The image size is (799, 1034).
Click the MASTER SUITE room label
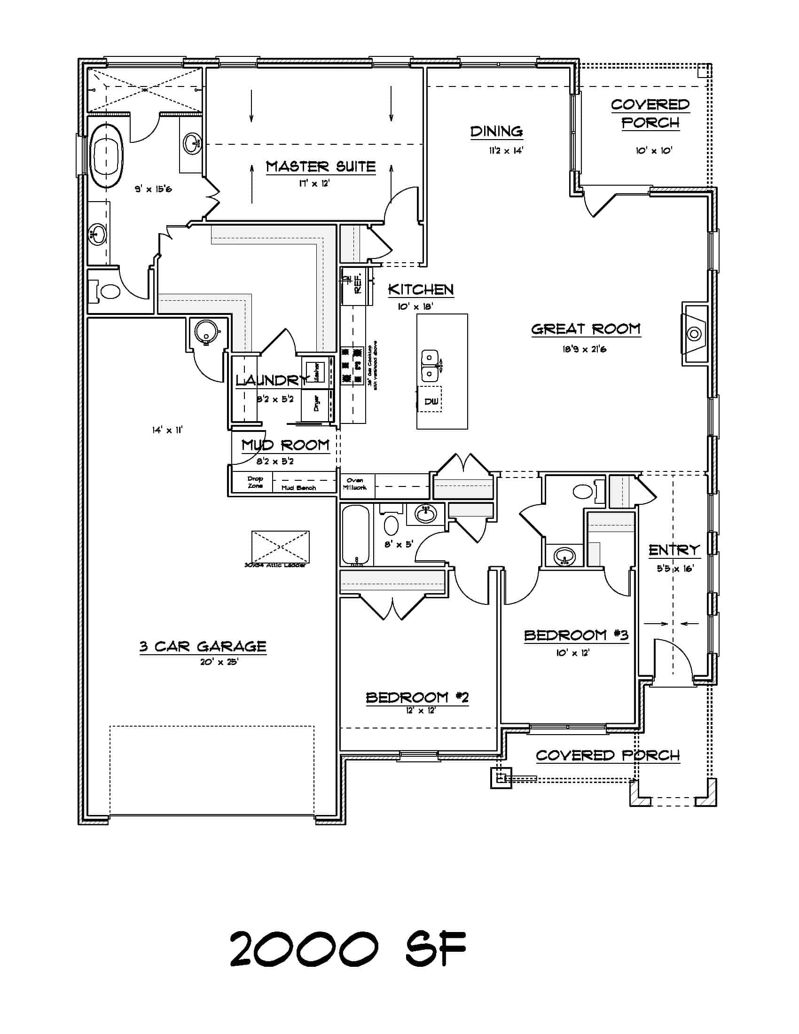(321, 167)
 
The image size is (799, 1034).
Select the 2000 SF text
(348, 949)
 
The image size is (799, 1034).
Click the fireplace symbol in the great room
(694, 334)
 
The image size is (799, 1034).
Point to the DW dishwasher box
(430, 400)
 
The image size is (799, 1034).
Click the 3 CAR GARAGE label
(203, 647)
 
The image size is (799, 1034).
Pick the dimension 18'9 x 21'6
(584, 349)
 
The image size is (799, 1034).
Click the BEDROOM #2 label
(417, 697)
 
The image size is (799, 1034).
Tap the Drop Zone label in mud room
(255, 482)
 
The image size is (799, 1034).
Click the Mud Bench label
(298, 488)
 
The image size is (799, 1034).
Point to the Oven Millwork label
(354, 483)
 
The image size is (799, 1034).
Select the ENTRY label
(674, 550)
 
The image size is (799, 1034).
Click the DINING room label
(496, 131)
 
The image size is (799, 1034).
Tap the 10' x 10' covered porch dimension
(654, 150)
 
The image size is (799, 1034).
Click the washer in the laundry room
(313, 372)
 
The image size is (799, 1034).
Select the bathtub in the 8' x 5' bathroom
(356, 535)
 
